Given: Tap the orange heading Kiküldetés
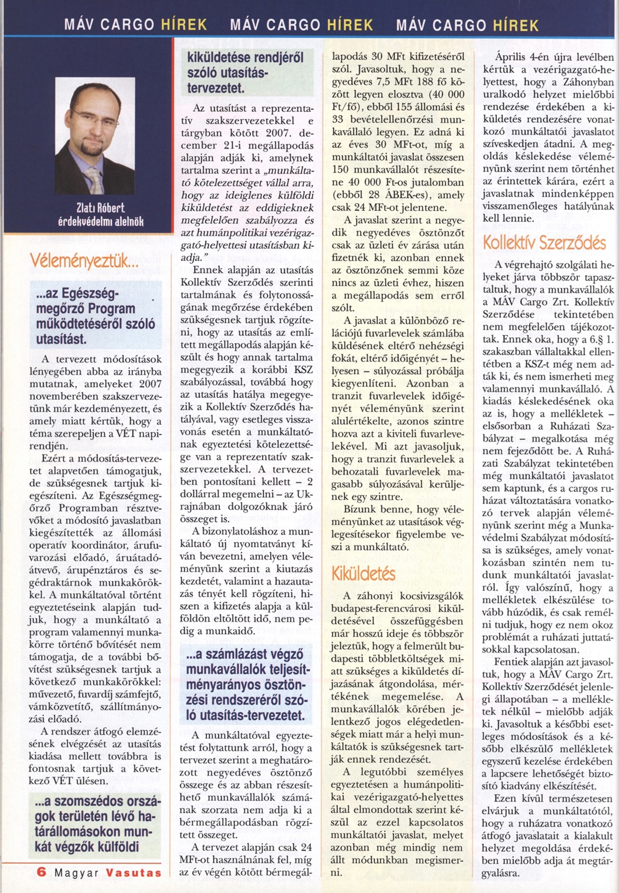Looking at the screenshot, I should (x=364, y=573).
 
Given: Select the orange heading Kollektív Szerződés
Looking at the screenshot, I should (x=544, y=243).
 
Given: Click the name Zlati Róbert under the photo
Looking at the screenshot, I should (x=100, y=208).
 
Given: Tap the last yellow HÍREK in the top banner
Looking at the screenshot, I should (x=516, y=25).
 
